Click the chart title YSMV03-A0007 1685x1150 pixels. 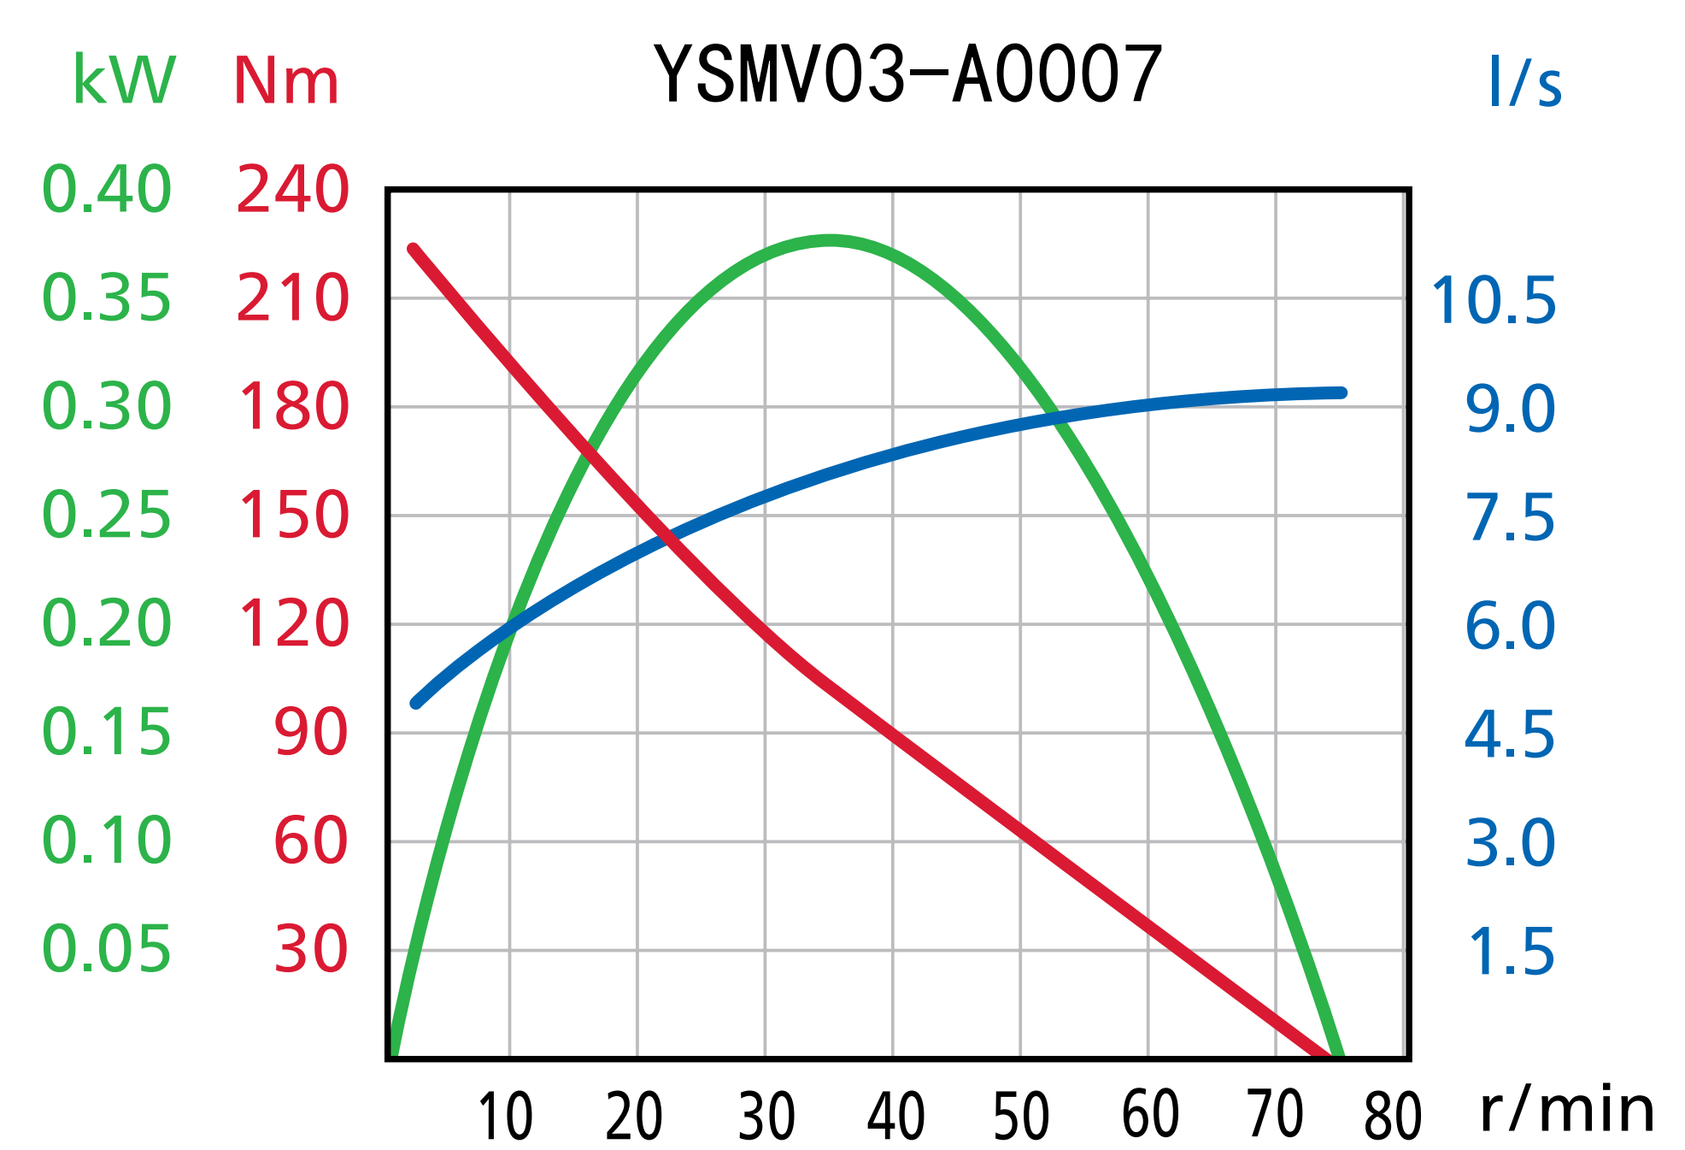[x=907, y=75]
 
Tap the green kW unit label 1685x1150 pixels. [x=124, y=80]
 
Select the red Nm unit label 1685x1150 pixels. [x=286, y=82]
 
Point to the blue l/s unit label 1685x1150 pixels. [x=1524, y=82]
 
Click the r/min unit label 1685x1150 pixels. [x=1566, y=1110]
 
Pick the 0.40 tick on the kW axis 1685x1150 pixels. [x=107, y=189]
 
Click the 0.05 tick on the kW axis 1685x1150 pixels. [x=107, y=949]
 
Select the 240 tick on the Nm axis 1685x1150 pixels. [x=292, y=189]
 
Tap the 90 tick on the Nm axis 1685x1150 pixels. [x=311, y=733]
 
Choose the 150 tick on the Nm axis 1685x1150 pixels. [x=292, y=516]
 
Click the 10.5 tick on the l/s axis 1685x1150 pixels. [x=1494, y=301]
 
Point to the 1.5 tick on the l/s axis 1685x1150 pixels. [x=1511, y=952]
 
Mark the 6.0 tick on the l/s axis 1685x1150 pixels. [x=1510, y=626]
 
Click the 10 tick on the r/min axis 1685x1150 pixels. [x=506, y=1117]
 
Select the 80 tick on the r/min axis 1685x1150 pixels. [x=1393, y=1117]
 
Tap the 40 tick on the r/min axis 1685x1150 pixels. [x=895, y=1117]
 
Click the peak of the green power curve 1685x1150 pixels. [x=830, y=241]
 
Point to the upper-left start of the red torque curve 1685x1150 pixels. [x=414, y=250]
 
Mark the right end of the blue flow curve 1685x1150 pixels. [x=1342, y=393]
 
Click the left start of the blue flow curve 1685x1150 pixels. [x=416, y=704]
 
